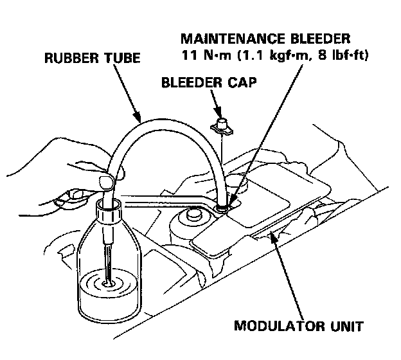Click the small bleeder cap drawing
coord(220,124)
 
